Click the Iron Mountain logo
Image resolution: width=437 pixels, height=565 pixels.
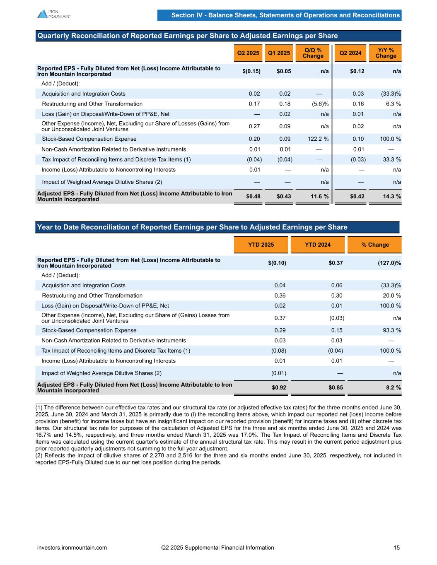54,14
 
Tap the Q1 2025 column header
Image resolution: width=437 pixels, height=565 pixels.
279,53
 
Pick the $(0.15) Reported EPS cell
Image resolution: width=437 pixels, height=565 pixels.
251,71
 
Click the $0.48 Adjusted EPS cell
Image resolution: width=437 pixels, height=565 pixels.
253,197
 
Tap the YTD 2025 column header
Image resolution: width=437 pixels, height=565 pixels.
261,245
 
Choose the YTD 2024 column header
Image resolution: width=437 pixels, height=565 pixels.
317,245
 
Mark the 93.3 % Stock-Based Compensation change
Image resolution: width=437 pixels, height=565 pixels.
390,330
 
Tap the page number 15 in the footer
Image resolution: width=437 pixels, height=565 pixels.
396,548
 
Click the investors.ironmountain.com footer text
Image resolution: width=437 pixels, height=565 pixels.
72,548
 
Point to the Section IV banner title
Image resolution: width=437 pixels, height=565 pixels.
285,15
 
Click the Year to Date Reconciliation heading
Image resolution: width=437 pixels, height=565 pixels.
192,227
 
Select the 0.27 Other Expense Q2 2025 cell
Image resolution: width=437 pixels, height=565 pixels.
254,126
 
